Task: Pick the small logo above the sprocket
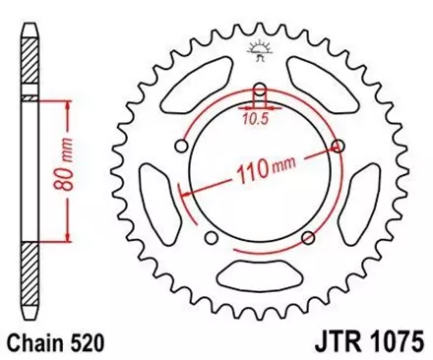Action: (x=261, y=50)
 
